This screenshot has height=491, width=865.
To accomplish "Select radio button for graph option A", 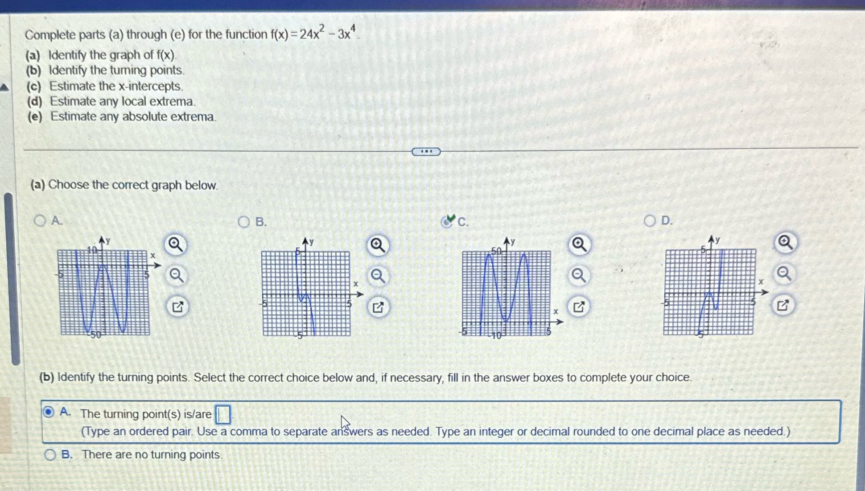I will tap(40, 221).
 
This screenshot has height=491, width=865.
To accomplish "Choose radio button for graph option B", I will tap(244, 222).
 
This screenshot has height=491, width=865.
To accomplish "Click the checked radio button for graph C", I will tap(446, 221).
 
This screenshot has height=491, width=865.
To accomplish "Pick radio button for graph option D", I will tap(650, 221).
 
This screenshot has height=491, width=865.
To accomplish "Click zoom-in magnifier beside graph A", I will tap(176, 245).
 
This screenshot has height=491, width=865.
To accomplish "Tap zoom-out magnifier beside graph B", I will tap(378, 276).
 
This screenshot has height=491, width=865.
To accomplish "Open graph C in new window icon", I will tap(579, 307).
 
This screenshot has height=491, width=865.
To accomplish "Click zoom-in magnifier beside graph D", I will tap(785, 243).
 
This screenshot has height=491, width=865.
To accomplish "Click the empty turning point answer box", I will tap(223, 414).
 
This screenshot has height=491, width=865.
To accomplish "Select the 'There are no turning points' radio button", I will tap(50, 455).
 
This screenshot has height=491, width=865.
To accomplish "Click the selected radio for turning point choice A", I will tap(49, 412).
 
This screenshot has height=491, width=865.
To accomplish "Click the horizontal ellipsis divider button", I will tap(426, 152).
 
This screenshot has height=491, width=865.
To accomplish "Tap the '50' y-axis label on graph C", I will tap(496, 251).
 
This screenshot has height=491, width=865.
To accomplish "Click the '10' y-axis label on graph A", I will tap(92, 250).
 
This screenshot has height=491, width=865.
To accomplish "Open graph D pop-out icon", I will tap(783, 305).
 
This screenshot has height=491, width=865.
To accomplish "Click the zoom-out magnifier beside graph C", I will tap(579, 275).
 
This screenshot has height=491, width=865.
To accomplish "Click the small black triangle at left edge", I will tap(4, 87).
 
